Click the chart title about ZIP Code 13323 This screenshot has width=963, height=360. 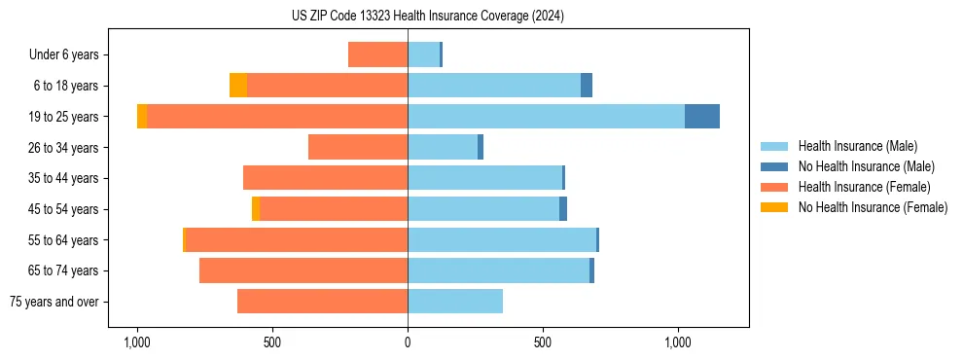pyautogui.click(x=427, y=17)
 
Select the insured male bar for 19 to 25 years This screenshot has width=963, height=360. pyautogui.click(x=546, y=117)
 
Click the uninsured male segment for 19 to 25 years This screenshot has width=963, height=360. pyautogui.click(x=702, y=117)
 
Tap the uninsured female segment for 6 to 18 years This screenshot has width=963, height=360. pyautogui.click(x=238, y=86)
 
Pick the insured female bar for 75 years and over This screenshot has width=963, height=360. pyautogui.click(x=322, y=302)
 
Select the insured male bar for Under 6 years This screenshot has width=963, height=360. pyautogui.click(x=423, y=54)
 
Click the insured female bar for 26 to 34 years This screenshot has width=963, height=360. pyautogui.click(x=358, y=147)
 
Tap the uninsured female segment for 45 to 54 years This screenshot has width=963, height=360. pyautogui.click(x=256, y=209)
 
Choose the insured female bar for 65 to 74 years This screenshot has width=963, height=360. pyautogui.click(x=303, y=270)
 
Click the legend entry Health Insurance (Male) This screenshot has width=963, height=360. pyautogui.click(x=857, y=146)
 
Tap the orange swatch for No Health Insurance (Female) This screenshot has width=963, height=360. pyautogui.click(x=774, y=207)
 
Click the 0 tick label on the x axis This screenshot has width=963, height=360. pyautogui.click(x=408, y=342)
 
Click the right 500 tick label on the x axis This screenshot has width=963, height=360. pyautogui.click(x=543, y=342)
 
